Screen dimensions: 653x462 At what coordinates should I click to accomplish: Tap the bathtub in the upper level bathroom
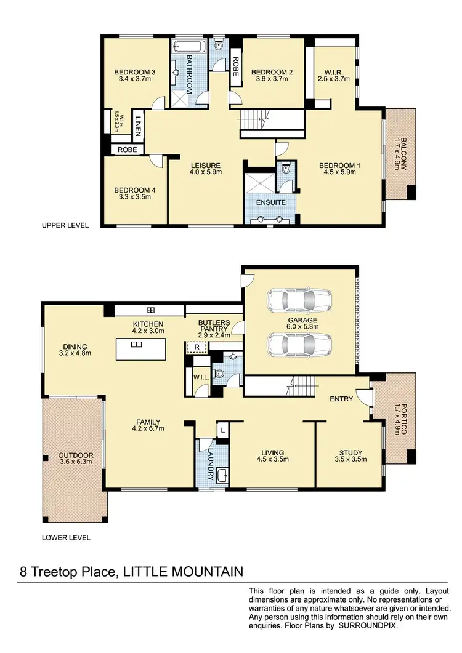[x=182, y=46]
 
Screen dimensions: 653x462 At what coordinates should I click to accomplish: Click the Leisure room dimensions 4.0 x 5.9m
[x=206, y=173]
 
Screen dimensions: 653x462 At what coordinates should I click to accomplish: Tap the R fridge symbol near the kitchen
[x=197, y=347]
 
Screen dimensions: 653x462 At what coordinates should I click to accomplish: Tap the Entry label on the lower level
[x=341, y=399]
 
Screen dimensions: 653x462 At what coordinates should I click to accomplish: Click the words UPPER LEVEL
[x=65, y=226]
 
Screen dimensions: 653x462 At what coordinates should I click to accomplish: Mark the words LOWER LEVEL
[x=66, y=537]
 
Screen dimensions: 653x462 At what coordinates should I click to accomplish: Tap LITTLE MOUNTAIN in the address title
[x=183, y=572]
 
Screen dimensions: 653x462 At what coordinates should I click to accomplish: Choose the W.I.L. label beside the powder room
[x=199, y=377]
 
